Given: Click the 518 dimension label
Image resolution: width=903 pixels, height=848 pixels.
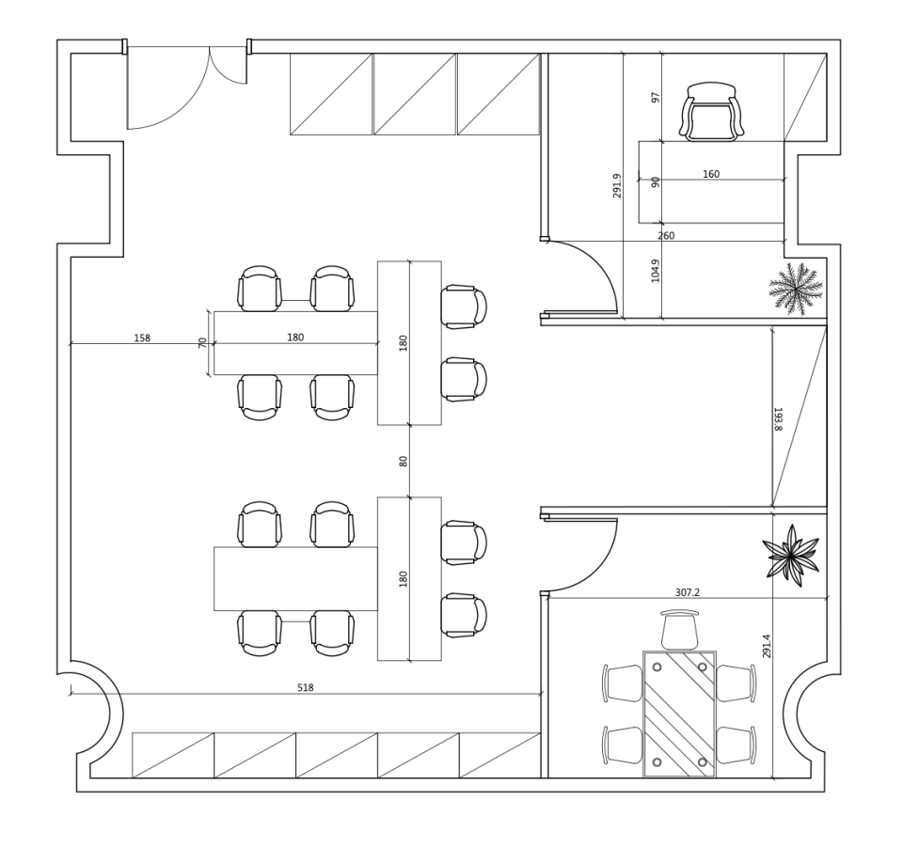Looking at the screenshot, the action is (305, 687).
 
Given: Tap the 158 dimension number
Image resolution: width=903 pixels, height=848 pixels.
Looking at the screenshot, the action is (142, 338).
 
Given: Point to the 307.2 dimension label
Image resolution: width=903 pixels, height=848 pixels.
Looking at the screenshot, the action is (687, 592).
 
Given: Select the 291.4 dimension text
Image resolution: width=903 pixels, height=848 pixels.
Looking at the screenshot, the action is (766, 646).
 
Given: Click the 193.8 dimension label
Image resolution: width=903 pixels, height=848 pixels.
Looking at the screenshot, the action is (778, 419).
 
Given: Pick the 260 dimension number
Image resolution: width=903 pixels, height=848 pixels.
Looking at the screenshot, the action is (666, 235).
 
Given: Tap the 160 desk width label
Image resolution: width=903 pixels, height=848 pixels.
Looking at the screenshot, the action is (711, 174).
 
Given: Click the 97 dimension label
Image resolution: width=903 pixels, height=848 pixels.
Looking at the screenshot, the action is (656, 97).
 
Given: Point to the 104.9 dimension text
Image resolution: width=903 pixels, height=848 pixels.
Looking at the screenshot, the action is (655, 271).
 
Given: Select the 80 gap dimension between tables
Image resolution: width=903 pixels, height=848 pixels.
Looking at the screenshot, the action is (404, 461).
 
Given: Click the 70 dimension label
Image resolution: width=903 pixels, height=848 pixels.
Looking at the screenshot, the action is (203, 342).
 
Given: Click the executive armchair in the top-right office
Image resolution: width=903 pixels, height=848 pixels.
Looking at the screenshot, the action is (712, 112).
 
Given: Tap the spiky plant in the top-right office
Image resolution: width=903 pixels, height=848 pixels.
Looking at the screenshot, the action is (796, 289).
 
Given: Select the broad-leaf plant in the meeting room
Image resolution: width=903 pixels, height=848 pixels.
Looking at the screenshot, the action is (791, 556).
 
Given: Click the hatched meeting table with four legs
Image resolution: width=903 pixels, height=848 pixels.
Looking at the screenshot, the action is (679, 714).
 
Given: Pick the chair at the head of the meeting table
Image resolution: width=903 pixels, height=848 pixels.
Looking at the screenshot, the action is (680, 630).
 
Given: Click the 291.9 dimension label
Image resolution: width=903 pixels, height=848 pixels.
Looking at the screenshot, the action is (617, 185).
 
